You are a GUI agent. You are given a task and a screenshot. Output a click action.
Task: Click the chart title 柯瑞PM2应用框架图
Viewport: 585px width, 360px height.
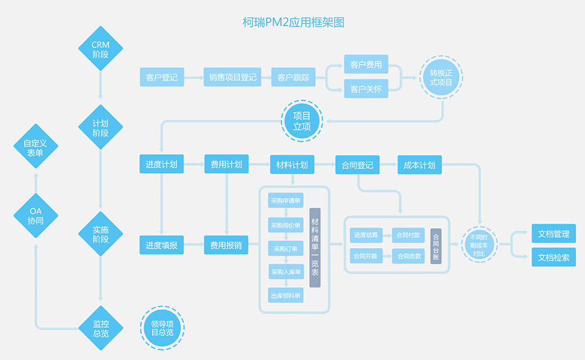pos(293,22)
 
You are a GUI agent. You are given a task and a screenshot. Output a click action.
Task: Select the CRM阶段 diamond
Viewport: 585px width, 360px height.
pos(101,48)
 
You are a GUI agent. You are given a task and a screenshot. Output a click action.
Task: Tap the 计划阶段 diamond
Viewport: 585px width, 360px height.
pos(101,127)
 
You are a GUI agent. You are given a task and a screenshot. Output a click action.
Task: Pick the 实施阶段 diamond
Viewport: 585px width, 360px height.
pos(101,234)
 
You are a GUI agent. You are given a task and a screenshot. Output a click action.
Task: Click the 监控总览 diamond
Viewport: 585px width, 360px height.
pos(101,328)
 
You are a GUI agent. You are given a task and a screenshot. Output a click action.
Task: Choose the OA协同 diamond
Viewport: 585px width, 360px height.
pos(35,215)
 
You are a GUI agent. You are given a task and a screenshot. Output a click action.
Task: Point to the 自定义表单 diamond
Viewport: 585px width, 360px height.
pos(35,147)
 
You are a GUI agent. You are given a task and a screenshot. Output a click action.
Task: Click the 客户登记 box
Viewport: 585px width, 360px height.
pos(162,77)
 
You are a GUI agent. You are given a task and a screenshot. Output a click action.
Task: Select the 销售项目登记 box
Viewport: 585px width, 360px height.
pos(233,77)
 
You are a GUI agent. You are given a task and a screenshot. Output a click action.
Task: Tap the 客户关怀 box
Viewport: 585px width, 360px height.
pos(366,89)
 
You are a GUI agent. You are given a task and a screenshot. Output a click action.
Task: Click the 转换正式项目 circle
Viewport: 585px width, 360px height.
pos(441,77)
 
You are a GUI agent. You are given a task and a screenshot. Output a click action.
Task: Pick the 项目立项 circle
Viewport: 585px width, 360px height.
pos(302,121)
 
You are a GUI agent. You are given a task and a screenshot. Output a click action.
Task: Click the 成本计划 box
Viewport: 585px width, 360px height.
pos(419,165)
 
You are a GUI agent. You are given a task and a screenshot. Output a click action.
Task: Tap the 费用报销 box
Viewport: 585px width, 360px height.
pos(226,246)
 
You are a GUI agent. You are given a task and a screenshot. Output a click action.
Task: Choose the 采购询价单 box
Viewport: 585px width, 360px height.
pos(286,225)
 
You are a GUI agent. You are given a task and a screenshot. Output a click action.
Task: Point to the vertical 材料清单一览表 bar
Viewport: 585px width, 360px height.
pos(315,247)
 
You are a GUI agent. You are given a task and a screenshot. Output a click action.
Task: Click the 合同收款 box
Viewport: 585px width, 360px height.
pos(409,256)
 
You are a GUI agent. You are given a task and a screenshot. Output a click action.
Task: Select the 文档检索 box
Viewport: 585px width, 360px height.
pos(554,257)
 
